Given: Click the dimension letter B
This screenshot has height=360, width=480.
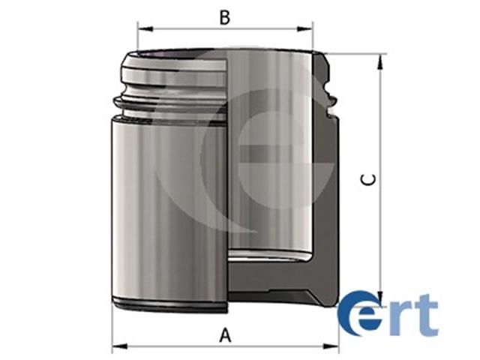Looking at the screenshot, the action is click(x=225, y=17).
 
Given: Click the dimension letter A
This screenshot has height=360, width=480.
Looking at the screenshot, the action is click(x=226, y=335).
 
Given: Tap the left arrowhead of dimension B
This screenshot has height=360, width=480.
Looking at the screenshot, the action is click(x=145, y=29).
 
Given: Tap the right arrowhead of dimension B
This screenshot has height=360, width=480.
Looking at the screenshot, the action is click(x=305, y=29).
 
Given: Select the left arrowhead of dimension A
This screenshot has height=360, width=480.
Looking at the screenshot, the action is click(x=120, y=346).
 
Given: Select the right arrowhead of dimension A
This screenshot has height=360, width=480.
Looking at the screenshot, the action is click(x=331, y=346).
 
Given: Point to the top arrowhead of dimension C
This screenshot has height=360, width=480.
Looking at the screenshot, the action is click(x=380, y=61).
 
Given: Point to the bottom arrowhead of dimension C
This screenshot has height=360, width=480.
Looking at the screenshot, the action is click(x=380, y=298).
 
